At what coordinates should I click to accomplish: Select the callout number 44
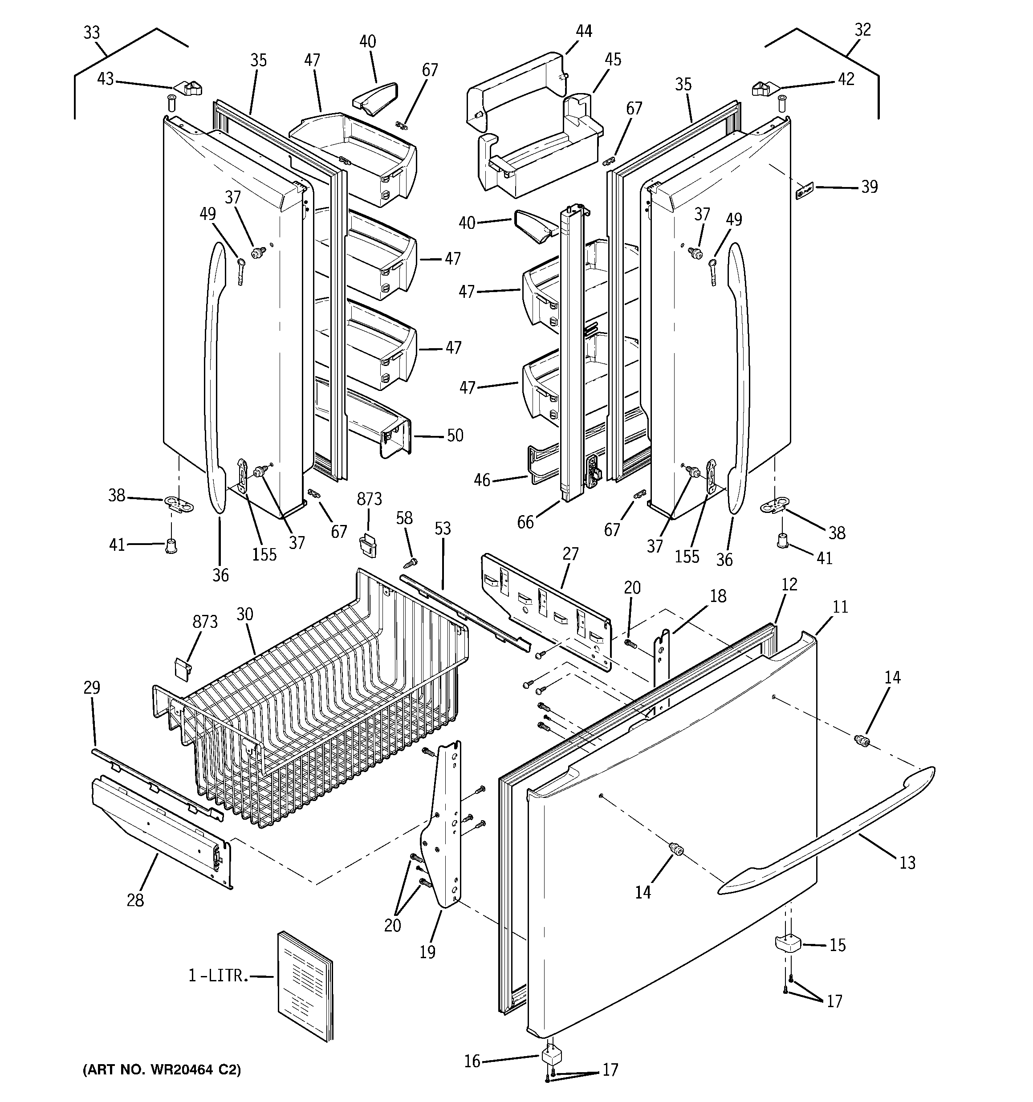583,32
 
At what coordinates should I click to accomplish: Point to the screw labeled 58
411,562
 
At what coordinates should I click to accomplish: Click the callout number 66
525,522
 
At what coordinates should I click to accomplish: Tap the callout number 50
455,436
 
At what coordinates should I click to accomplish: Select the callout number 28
135,900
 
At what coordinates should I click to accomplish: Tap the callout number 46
482,480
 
